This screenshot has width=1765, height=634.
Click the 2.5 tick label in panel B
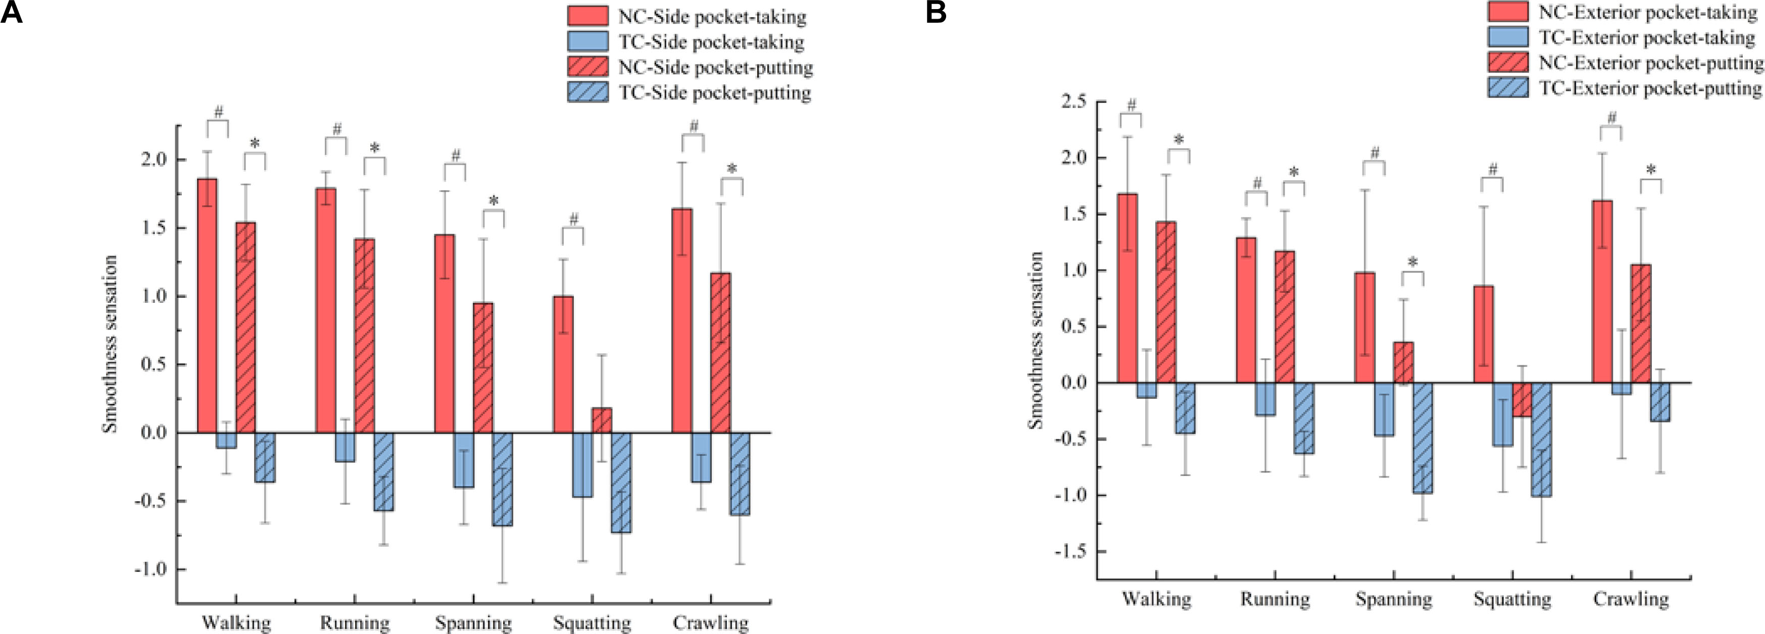click(1073, 102)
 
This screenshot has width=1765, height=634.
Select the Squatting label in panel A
click(592, 623)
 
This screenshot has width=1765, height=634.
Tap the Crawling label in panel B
click(1631, 599)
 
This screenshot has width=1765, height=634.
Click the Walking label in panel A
click(236, 623)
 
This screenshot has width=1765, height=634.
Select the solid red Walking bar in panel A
click(207, 305)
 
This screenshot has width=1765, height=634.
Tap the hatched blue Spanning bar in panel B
click(1423, 438)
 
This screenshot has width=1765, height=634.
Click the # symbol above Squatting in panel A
click(573, 219)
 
